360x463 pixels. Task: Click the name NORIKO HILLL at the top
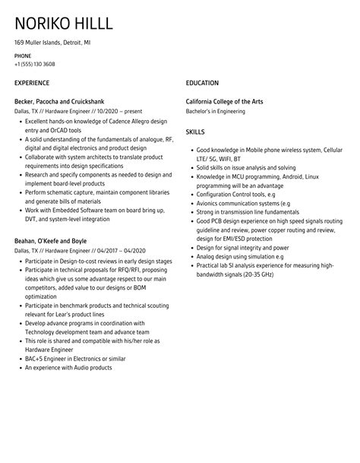65,24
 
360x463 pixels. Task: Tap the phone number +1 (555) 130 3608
34,65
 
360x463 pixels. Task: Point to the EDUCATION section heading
202,83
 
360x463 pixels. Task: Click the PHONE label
23,56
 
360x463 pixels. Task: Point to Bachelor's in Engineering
216,111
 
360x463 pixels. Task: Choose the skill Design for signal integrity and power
242,247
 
